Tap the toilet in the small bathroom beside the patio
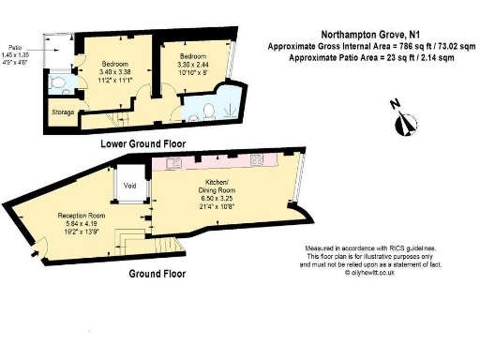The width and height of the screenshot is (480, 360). (58, 85)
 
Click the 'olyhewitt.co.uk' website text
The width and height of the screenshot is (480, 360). (374, 272)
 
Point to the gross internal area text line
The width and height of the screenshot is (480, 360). (372, 46)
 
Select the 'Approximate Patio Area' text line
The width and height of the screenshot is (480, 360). (372, 56)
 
